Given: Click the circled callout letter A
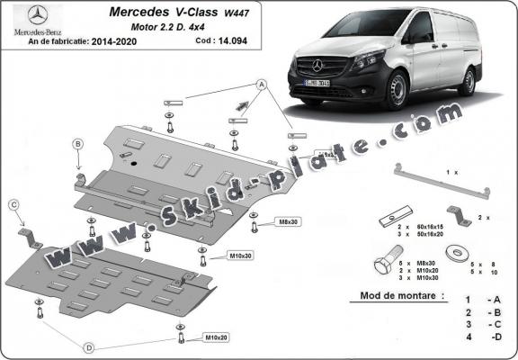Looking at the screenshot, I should point(263,84).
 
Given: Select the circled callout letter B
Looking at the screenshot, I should point(78,145).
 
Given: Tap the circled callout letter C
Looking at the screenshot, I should point(14,205).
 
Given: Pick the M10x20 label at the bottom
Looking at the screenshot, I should point(214,337).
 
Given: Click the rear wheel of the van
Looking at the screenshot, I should point(469,79).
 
